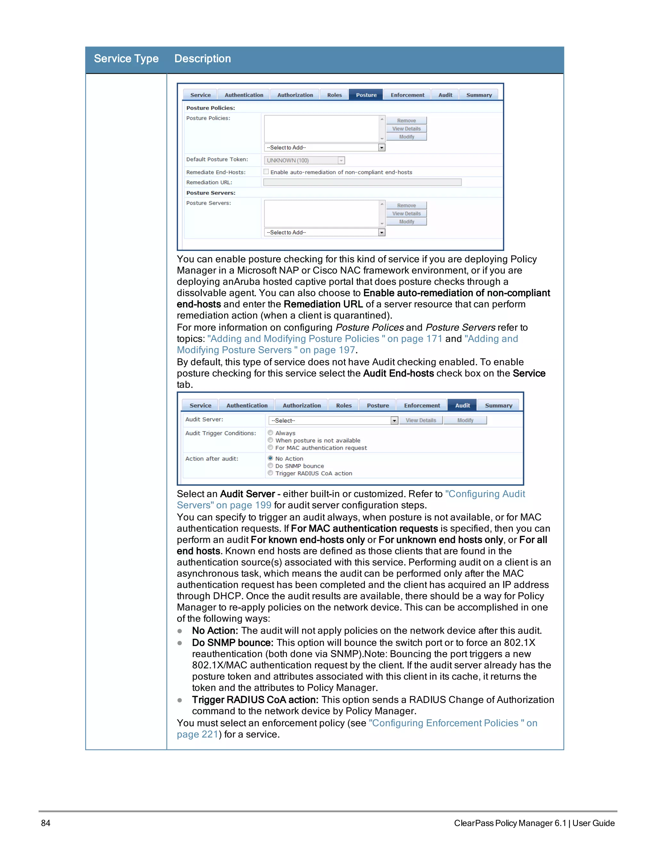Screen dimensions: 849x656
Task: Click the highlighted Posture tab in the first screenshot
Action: pos(366,95)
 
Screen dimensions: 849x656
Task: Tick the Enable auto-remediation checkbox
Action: pos(266,171)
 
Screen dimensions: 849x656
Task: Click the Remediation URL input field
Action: pos(362,182)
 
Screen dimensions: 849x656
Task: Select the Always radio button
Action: pos(270,433)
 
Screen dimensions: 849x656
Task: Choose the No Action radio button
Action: pos(270,458)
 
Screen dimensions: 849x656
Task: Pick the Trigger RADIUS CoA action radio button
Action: pos(270,473)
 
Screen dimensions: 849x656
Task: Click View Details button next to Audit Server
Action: pos(421,420)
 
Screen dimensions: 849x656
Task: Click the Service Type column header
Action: pos(126,59)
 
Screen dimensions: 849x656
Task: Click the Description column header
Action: pos(202,59)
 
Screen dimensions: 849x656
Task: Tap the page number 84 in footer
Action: pos(45,823)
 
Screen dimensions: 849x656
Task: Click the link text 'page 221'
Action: pos(197,734)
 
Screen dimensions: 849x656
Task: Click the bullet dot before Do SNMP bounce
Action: pos(180,643)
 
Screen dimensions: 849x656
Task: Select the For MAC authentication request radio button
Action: pos(270,448)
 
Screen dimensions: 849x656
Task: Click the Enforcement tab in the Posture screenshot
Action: pos(407,95)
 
